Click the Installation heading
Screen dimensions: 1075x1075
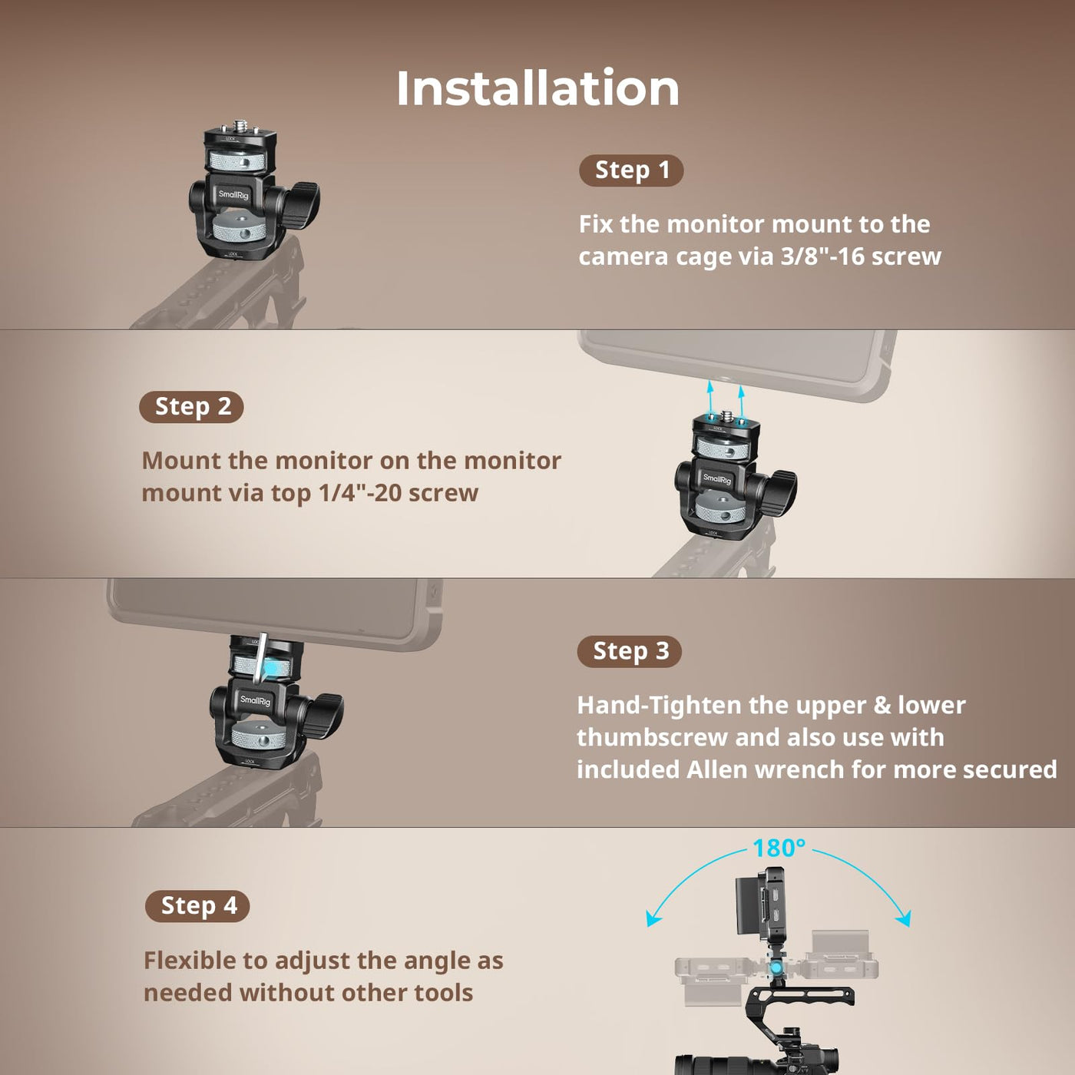(537, 88)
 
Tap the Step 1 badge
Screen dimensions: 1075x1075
(631, 170)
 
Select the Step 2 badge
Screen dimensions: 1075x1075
(191, 407)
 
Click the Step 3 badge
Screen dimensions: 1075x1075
(630, 651)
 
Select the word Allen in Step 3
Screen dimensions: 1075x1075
(717, 770)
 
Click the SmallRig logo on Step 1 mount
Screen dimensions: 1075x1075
(233, 195)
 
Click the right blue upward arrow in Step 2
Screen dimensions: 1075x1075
(742, 399)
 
